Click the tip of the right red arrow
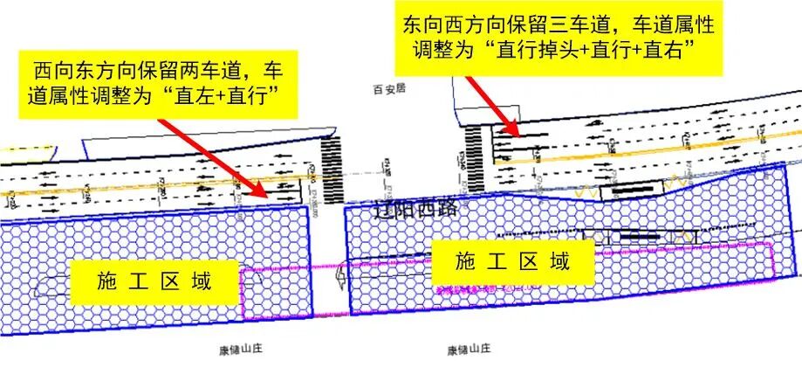coord(521,137)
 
